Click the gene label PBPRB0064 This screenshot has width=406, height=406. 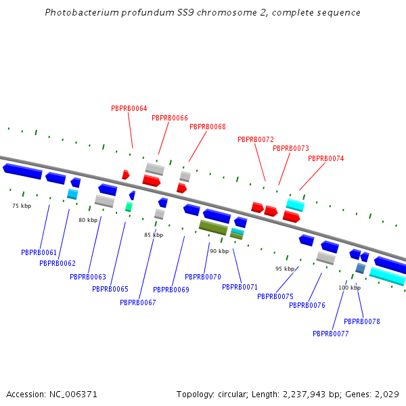click(129, 108)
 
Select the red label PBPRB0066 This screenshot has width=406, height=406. click(170, 118)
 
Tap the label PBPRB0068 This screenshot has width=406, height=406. click(208, 127)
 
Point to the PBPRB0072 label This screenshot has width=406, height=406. click(256, 139)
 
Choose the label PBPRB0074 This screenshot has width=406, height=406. click(326, 158)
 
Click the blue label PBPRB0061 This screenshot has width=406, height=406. click(39, 252)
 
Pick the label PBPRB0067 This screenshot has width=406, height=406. click(138, 302)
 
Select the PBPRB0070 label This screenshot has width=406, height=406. click(203, 277)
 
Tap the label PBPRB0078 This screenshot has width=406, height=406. click(362, 321)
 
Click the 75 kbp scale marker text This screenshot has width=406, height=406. click(22, 206)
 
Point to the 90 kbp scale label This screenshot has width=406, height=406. click(219, 251)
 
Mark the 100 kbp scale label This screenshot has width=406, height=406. click(350, 288)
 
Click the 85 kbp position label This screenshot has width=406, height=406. click(154, 235)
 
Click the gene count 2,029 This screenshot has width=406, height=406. click(386, 394)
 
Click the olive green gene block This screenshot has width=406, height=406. click(213, 227)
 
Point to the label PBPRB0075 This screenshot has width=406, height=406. click(275, 296)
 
